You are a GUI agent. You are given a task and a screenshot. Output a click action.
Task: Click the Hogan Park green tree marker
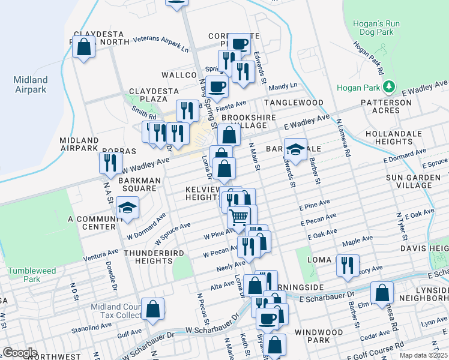pyautogui.click(x=388, y=87)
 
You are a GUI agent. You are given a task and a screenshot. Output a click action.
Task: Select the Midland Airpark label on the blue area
pyautogui.click(x=31, y=85)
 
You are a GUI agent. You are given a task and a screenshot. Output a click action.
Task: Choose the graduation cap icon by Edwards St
pyautogui.click(x=295, y=149)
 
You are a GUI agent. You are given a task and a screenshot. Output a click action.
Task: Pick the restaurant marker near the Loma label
pyautogui.click(x=348, y=265)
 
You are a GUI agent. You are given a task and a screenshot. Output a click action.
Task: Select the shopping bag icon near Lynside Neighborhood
pyautogui.click(x=382, y=292)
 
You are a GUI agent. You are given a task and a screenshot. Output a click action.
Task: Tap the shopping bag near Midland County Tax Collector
pyautogui.click(x=153, y=309)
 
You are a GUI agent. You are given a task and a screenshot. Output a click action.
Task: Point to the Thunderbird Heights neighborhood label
pyautogui.click(x=154, y=257)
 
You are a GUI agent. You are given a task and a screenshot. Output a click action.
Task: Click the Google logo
pyautogui.click(x=19, y=352)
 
